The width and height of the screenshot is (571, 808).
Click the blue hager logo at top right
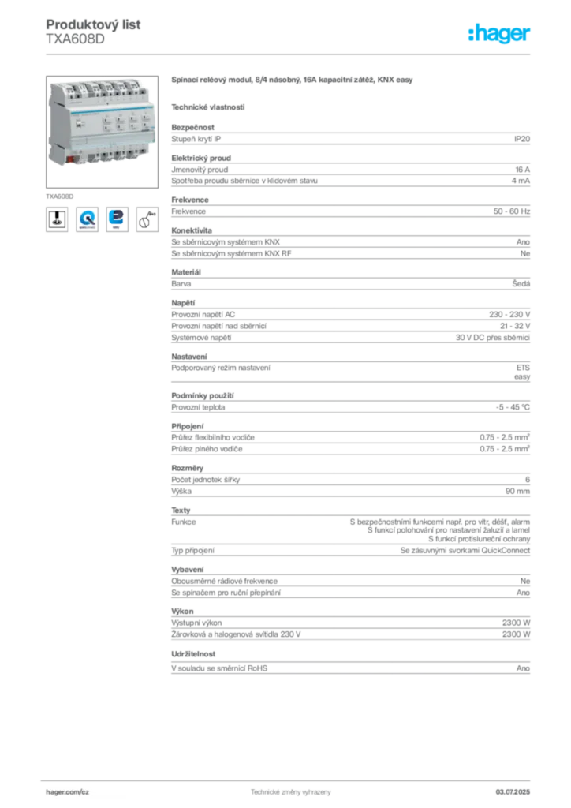click(x=501, y=34)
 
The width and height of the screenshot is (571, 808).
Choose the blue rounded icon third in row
click(x=117, y=219)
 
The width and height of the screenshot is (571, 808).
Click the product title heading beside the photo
click(x=293, y=80)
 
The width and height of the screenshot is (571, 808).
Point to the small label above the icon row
click(x=60, y=193)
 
